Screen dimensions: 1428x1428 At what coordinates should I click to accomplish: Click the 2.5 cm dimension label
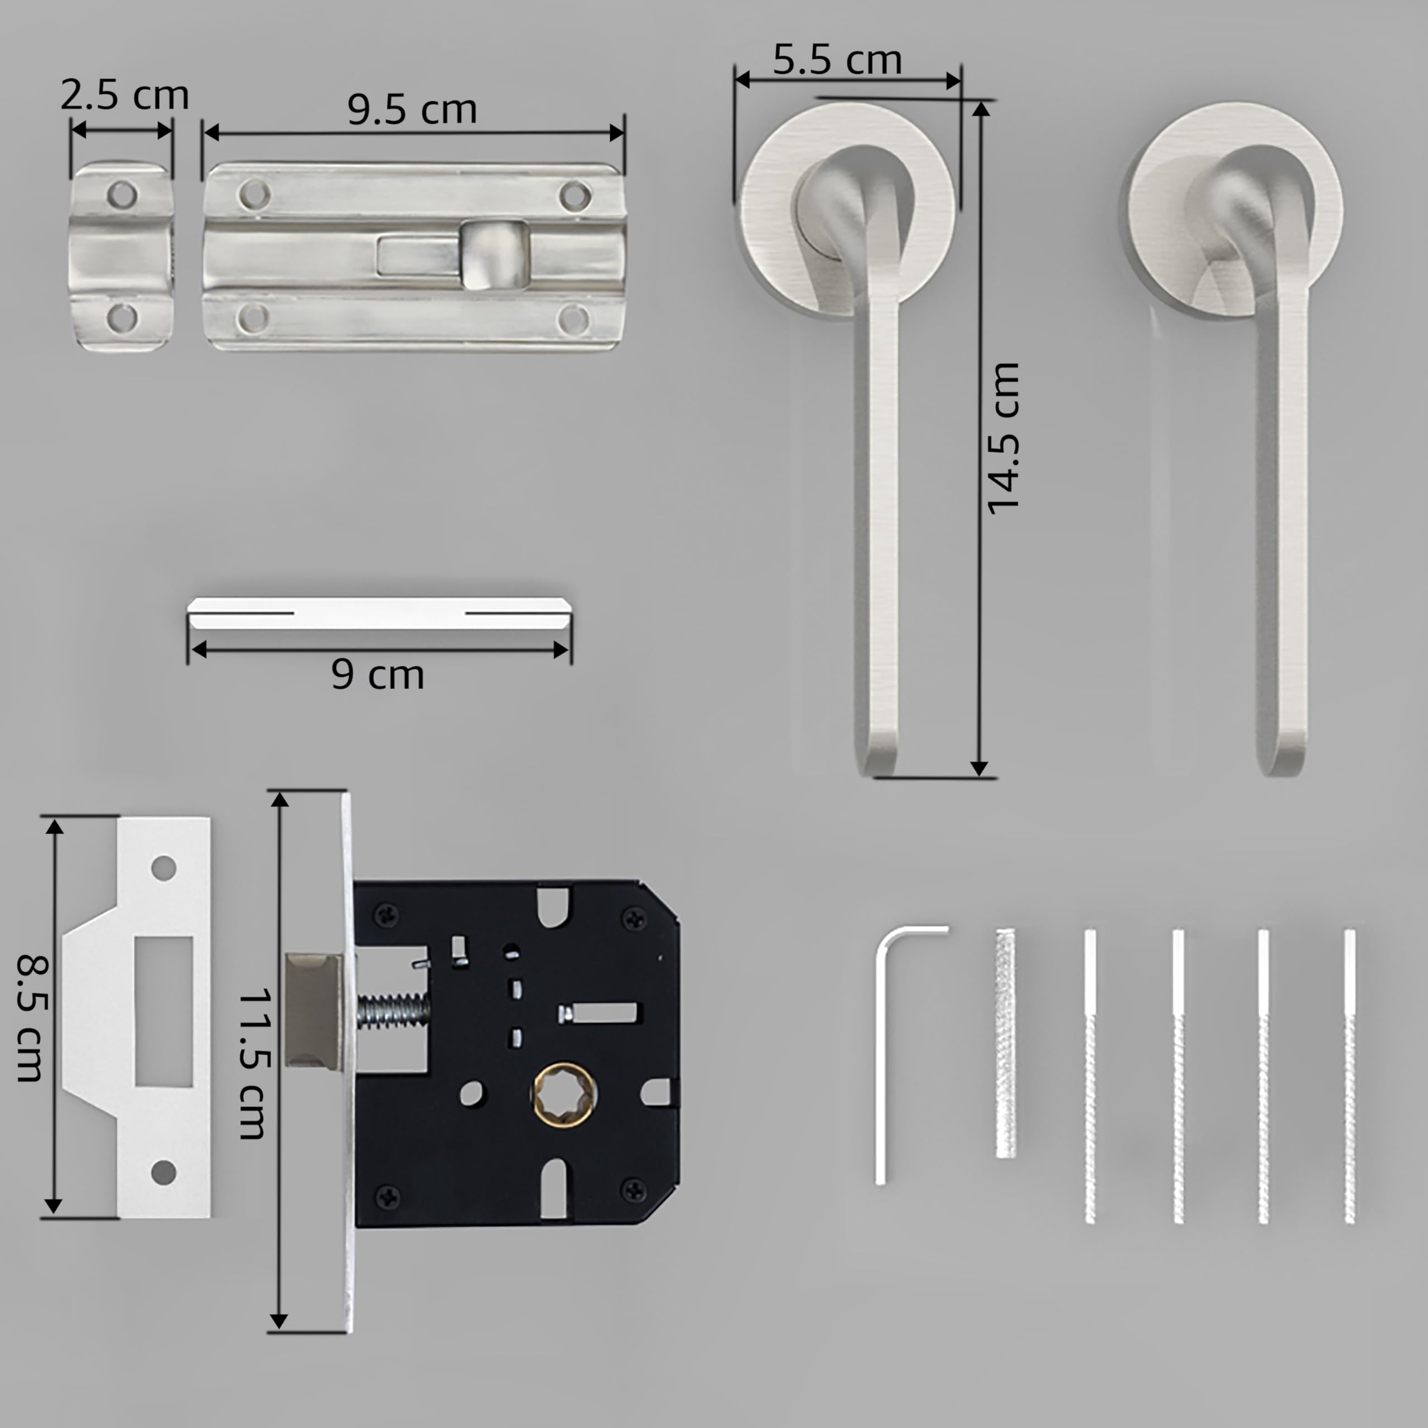click(124, 95)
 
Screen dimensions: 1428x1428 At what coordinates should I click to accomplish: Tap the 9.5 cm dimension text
click(412, 109)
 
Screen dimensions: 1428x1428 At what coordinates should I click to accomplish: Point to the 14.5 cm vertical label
click(1004, 438)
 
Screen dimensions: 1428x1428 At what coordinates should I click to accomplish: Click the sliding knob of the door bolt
click(494, 255)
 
